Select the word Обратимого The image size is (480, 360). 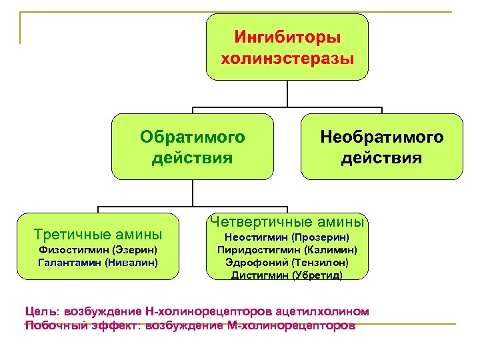coord(193,137)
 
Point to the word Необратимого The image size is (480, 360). coord(382,137)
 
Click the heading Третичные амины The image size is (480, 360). coord(98,234)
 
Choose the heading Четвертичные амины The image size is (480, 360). coord(287,221)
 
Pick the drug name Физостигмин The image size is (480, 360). coord(73,250)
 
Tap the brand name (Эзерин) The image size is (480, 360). coord(135,250)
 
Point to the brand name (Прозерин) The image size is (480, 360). coord(320,237)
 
